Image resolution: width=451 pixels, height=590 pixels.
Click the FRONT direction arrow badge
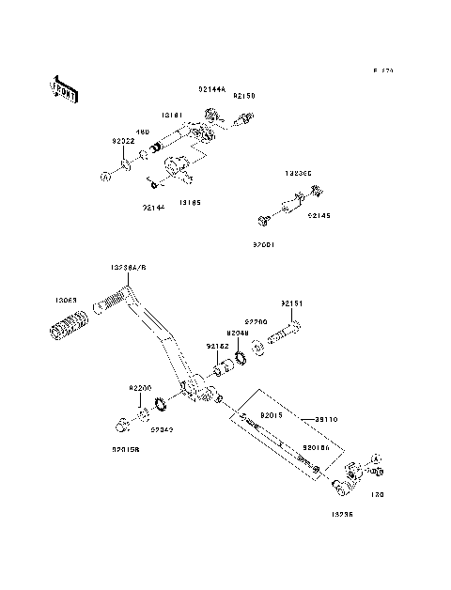pos(63,88)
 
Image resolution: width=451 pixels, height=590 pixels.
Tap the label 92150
pos(244,96)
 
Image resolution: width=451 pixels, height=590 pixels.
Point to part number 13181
pos(171,115)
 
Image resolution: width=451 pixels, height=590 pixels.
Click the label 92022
pos(122,140)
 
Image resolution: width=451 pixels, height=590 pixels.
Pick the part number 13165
pos(189,202)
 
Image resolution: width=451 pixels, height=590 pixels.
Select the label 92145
pos(319,215)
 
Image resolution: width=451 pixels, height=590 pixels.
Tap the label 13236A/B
pos(129,268)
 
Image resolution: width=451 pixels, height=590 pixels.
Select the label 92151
pos(292,303)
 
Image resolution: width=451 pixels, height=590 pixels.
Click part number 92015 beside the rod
pos(245,414)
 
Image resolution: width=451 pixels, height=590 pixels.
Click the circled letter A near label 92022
pos(104,174)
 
